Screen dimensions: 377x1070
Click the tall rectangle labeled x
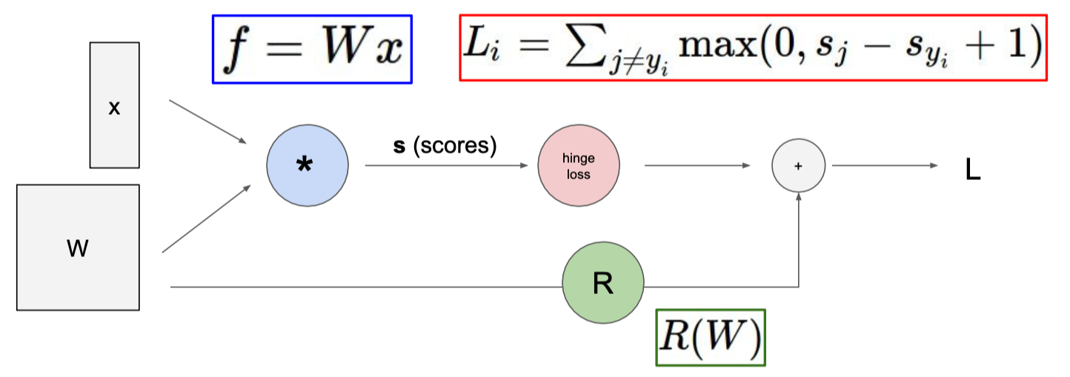tap(114, 105)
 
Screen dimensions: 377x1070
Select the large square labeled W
tap(78, 247)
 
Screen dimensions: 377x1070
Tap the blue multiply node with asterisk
tap(306, 165)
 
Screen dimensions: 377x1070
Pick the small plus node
tap(798, 166)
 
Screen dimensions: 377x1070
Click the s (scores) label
tap(444, 146)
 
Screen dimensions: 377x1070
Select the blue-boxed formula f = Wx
tap(312, 49)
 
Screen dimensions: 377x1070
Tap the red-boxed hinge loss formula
tap(752, 47)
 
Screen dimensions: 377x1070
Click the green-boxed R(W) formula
tap(710, 338)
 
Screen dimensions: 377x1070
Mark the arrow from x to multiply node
tap(207, 121)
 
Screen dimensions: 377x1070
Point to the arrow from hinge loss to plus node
tap(697, 166)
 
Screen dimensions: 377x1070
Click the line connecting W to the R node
tap(363, 286)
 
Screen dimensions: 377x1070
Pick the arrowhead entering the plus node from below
tap(798, 198)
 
